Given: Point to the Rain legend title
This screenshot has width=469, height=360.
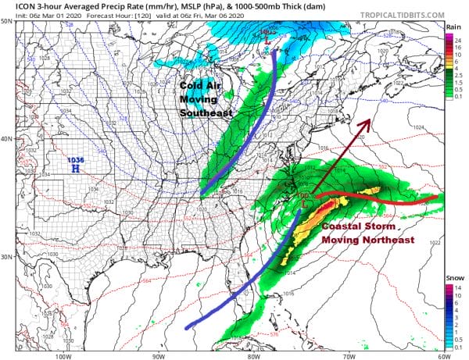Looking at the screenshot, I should [453, 27].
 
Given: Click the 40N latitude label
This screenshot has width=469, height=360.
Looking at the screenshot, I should [7, 139].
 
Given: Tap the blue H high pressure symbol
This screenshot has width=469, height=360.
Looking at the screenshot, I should [75, 168].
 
